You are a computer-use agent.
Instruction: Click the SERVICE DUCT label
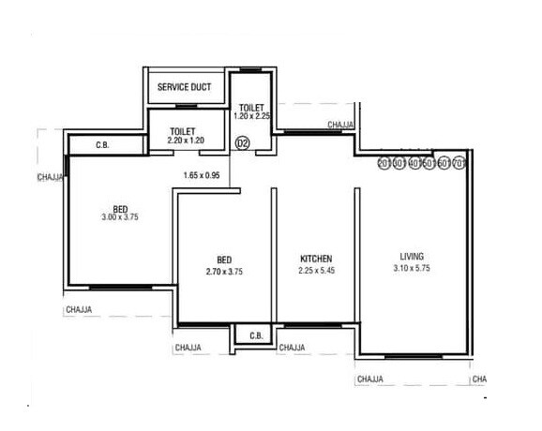(184, 87)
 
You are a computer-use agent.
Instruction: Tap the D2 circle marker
(241, 143)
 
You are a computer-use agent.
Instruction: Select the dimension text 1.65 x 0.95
(201, 175)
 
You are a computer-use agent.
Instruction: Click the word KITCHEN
(316, 259)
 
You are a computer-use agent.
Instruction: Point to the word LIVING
(412, 256)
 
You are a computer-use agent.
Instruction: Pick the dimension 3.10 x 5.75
(412, 269)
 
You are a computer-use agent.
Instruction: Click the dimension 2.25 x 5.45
(316, 271)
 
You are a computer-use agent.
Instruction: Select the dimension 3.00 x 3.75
(120, 217)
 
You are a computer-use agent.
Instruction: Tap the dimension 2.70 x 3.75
(224, 271)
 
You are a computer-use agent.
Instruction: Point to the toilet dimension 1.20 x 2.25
(251, 116)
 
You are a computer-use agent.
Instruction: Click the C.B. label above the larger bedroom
(103, 145)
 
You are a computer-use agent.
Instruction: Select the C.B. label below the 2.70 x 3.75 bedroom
(255, 335)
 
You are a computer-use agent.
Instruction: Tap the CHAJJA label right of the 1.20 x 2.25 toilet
(341, 124)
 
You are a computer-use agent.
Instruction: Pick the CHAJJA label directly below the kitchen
(292, 349)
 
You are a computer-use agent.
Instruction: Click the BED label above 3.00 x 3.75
(120, 207)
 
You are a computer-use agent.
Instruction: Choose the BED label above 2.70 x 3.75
(224, 260)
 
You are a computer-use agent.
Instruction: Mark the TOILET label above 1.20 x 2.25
(251, 107)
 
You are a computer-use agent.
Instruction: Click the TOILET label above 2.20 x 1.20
(184, 130)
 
